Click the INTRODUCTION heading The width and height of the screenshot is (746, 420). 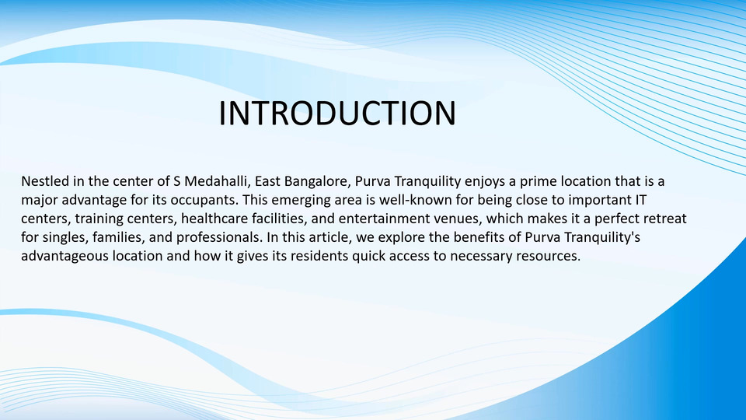(337, 113)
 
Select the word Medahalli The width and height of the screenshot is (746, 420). (217, 181)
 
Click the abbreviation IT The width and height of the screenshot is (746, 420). (640, 200)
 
